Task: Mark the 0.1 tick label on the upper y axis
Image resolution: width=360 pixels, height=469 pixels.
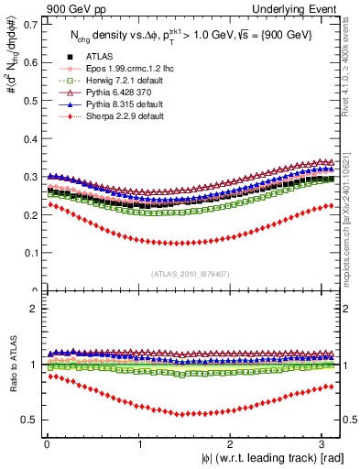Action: (27, 252)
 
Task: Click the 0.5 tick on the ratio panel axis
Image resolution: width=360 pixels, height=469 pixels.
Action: (27, 420)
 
